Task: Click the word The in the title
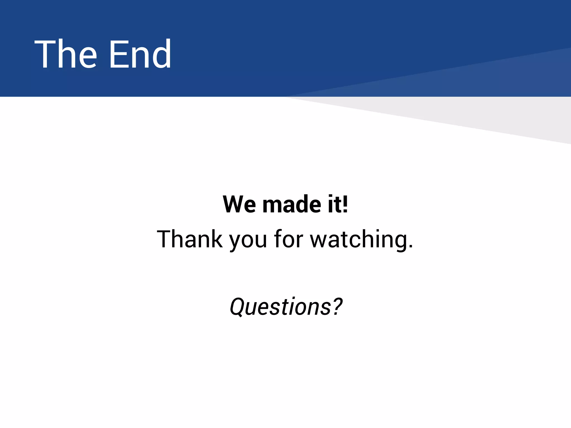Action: point(66,54)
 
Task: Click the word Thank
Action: point(190,239)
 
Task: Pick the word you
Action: point(248,241)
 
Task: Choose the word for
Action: point(288,239)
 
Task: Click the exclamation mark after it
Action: point(345,204)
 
